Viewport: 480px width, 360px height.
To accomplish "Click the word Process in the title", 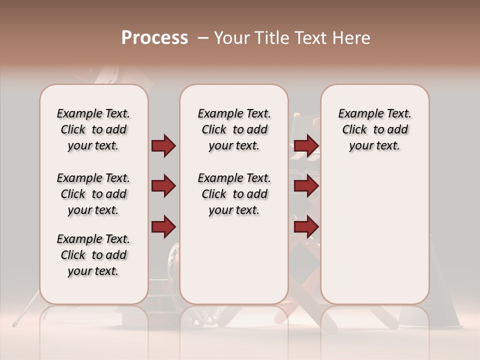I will click(154, 38).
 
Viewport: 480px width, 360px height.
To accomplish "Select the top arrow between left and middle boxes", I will click(163, 146).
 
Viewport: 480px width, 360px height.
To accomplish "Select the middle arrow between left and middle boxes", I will click(163, 186).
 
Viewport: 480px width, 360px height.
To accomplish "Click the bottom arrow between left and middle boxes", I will click(163, 226).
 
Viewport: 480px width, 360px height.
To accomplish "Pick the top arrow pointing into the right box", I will click(306, 146).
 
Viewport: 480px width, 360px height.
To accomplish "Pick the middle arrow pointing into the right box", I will click(306, 186).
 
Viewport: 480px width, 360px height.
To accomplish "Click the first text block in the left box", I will click(93, 130).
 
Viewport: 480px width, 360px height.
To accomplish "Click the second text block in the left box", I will click(93, 194).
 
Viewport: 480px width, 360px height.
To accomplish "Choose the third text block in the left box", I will click(93, 255).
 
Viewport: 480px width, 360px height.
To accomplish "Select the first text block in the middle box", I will click(234, 130).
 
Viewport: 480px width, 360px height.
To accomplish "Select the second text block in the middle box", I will click(234, 194).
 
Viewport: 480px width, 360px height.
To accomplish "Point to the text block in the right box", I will click(374, 130).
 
